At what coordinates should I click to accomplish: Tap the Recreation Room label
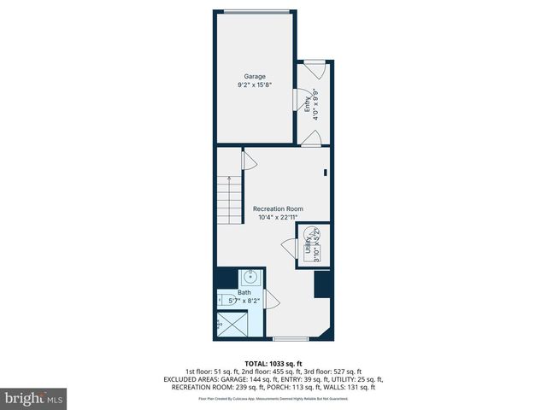click(x=277, y=208)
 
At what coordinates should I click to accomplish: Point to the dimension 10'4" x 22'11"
click(x=277, y=217)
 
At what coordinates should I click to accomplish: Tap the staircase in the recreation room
click(x=229, y=200)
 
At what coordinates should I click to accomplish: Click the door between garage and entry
click(x=303, y=101)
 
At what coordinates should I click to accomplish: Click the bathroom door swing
click(x=272, y=299)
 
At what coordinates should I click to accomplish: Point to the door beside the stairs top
click(x=249, y=159)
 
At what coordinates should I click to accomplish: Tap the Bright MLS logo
click(x=34, y=398)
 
